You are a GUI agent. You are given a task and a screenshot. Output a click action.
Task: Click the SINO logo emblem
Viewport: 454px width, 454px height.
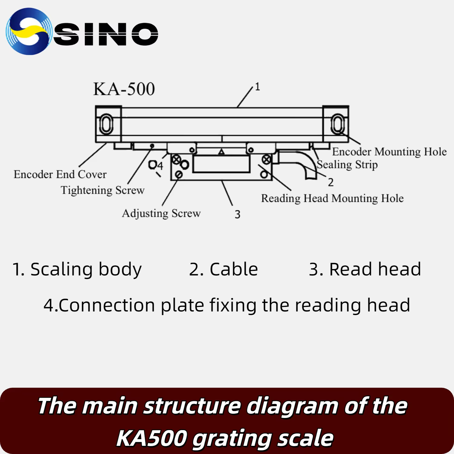29,31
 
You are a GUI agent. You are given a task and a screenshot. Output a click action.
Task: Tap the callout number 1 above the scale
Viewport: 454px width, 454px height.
258,87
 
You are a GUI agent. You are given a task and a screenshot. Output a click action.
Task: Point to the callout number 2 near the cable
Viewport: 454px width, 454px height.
331,182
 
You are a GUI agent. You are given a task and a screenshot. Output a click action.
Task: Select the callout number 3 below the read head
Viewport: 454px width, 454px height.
238,214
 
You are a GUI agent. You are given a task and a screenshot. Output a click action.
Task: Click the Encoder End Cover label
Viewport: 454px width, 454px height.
60,174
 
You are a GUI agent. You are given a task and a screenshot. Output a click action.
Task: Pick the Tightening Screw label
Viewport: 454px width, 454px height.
103,190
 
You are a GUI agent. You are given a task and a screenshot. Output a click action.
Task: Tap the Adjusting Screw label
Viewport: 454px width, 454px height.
161,213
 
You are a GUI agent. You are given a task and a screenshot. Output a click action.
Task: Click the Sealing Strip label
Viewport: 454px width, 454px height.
347,165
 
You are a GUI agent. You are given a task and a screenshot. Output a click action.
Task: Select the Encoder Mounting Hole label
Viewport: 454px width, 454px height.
389,152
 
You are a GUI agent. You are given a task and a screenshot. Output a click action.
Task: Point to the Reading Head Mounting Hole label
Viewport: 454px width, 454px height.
332,198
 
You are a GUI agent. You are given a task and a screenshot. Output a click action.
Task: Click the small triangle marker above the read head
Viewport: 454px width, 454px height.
222,152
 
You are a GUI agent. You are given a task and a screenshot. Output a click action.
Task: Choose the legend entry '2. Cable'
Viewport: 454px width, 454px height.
223,269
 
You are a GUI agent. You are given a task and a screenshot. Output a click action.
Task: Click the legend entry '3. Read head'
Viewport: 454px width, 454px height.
365,269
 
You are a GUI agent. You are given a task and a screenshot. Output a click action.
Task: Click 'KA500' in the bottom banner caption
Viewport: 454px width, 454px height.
151,438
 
